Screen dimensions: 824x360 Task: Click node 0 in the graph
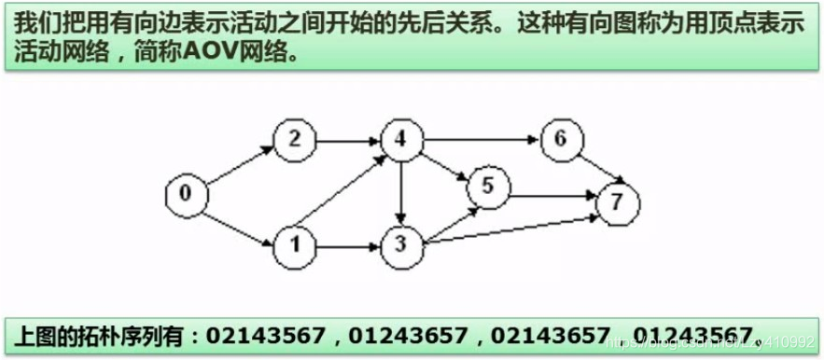coord(186,194)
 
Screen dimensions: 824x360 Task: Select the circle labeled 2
coord(295,140)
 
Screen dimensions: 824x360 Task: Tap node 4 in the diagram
coord(401,140)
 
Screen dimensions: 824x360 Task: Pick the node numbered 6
coord(561,140)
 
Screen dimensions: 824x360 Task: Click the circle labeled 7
coord(616,201)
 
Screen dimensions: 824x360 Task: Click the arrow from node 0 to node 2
coord(240,167)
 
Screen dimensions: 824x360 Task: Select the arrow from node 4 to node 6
coord(481,140)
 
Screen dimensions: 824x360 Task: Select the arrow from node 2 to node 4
coord(348,140)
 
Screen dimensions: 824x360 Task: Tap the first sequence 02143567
coord(266,334)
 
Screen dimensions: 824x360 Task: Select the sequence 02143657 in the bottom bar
coord(552,334)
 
